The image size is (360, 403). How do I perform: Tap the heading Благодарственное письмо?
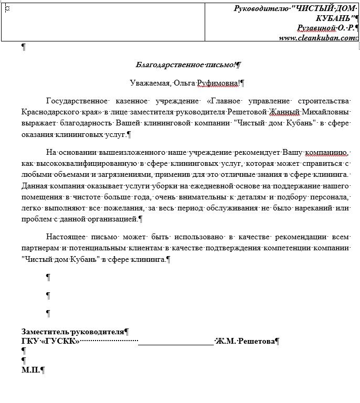(x=185, y=65)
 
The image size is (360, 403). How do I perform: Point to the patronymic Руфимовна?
(x=216, y=82)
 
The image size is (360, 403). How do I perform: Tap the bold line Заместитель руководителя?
(x=73, y=332)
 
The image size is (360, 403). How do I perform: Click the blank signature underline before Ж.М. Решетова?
(x=176, y=342)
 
